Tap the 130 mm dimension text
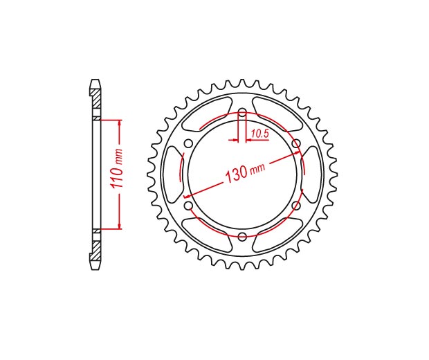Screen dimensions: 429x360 [245, 172]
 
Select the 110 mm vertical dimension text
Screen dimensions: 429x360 [117, 168]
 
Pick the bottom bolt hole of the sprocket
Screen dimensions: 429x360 [242, 237]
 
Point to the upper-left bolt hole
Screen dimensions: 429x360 [188, 143]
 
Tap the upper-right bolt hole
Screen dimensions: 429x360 [296, 143]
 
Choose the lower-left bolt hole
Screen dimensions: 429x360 [188, 206]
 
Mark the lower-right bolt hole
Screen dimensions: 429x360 [296, 206]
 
